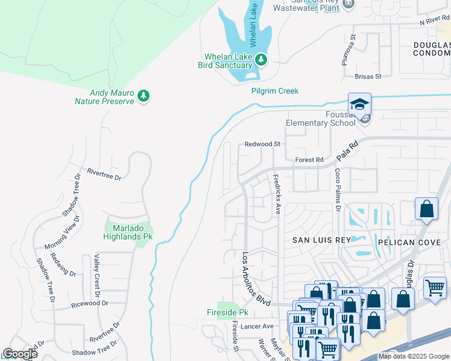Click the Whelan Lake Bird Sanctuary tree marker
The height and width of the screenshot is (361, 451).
click(x=261, y=60)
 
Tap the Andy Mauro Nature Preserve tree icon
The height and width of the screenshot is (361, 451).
click(x=143, y=96)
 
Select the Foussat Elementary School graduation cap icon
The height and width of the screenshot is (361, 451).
click(x=359, y=105)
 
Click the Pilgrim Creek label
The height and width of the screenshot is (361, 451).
click(x=275, y=91)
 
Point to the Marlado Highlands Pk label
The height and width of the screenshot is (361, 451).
click(x=129, y=232)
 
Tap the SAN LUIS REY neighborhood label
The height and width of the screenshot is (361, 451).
click(x=321, y=240)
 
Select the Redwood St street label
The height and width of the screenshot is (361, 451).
click(x=263, y=144)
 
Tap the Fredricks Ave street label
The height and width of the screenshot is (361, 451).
click(x=277, y=194)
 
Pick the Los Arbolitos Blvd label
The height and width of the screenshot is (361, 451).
click(x=256, y=277)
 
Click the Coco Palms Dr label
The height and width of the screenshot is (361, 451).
click(x=338, y=190)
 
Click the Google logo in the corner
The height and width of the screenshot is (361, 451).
click(x=20, y=354)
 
